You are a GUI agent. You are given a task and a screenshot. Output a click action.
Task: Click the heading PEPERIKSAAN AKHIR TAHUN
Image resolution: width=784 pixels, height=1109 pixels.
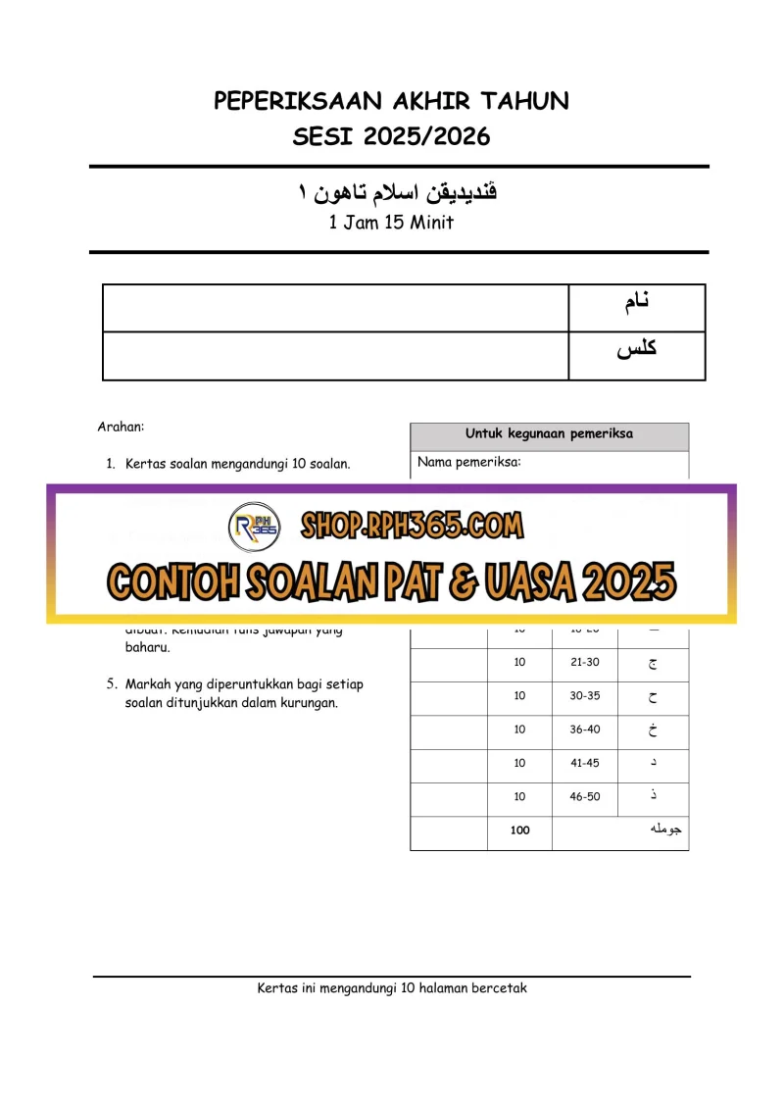(391, 101)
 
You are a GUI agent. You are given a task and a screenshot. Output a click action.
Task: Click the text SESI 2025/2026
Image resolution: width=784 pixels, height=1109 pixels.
(391, 136)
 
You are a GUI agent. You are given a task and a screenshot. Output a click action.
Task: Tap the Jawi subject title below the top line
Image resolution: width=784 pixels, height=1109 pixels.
(398, 192)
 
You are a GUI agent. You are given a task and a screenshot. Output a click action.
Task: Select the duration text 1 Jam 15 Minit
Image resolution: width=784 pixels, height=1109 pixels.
(391, 223)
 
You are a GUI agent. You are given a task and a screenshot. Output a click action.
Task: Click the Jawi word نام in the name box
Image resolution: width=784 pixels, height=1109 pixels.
(637, 302)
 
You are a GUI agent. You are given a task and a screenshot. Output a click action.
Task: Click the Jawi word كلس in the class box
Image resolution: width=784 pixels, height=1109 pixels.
(637, 349)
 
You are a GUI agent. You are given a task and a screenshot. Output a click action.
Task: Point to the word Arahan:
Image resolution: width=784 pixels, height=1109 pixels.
(122, 427)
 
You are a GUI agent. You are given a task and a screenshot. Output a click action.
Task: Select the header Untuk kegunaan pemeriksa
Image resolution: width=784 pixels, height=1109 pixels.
(549, 433)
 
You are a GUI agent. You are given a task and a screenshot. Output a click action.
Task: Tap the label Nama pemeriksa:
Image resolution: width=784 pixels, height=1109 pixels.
(468, 462)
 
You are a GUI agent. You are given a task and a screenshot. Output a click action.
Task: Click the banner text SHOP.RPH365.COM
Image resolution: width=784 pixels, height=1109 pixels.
(413, 527)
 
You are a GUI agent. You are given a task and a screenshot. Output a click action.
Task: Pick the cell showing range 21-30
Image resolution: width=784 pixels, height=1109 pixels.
(584, 663)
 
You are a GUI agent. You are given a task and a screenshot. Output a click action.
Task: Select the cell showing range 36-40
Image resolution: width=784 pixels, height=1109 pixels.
(584, 730)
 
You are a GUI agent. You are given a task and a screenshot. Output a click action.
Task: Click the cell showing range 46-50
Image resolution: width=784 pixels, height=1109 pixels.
(584, 797)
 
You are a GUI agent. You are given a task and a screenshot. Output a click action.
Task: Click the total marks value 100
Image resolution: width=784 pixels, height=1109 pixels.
(519, 831)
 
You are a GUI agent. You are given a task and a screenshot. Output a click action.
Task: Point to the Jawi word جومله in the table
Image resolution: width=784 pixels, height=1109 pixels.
(665, 831)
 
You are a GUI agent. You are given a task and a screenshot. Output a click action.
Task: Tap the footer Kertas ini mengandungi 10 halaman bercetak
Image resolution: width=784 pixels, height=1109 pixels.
(391, 988)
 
